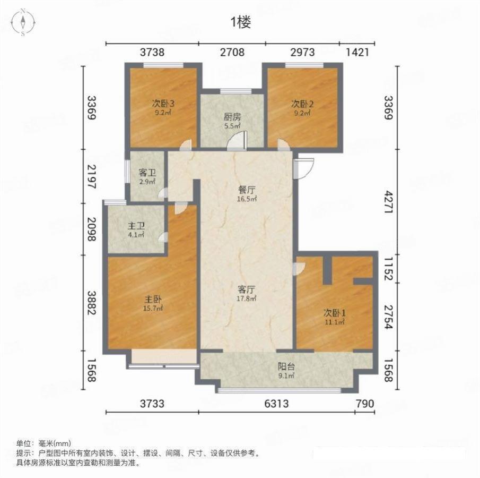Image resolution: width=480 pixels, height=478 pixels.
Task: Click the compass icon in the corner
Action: tap(23, 22)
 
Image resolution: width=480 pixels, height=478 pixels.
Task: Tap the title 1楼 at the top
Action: tap(241, 22)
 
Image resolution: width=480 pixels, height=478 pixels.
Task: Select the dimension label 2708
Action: tap(232, 53)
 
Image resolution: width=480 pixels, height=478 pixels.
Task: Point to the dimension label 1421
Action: tap(357, 53)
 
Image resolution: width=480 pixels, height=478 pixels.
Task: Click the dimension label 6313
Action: tap(276, 404)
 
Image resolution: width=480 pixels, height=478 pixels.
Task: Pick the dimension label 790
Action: tap(365, 404)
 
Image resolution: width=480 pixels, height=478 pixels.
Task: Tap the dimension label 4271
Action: tap(388, 202)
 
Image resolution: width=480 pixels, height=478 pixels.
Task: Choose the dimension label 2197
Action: tap(92, 176)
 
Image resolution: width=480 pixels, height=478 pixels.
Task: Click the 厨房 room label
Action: tap(232, 117)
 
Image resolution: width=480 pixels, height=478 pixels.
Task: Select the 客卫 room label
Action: tap(147, 173)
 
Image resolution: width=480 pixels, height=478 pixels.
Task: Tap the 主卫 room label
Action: tap(136, 227)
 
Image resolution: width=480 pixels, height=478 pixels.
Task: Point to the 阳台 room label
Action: tap(286, 366)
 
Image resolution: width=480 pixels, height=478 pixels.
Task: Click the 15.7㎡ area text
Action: tap(153, 308)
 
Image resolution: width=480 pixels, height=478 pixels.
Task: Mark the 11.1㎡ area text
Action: tap(335, 322)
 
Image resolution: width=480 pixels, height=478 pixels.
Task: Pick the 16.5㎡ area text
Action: tap(247, 199)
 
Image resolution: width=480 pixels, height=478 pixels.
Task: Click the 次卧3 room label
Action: tap(163, 104)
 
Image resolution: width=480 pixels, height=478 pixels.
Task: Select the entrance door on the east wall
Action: tap(303, 168)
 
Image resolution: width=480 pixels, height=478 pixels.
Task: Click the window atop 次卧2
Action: tap(304, 65)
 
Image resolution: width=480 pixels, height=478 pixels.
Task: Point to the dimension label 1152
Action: tap(388, 269)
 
